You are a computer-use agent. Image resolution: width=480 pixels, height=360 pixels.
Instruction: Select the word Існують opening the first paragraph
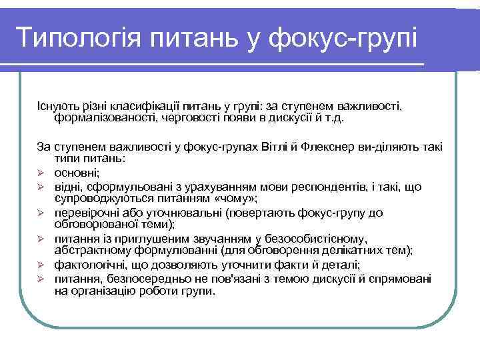[x=57, y=106]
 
